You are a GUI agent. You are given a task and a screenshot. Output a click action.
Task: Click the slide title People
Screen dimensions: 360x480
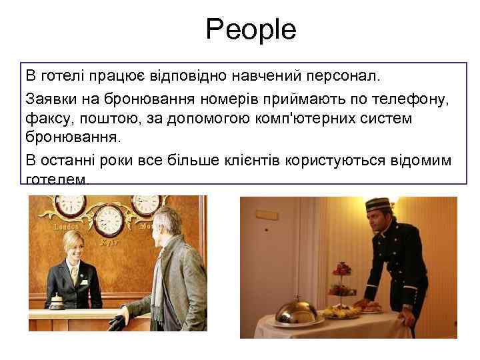tap(251, 29)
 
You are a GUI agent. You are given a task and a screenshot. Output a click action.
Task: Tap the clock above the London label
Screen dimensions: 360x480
tap(67, 206)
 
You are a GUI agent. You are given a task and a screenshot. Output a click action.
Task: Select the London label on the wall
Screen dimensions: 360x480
tap(65, 227)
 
